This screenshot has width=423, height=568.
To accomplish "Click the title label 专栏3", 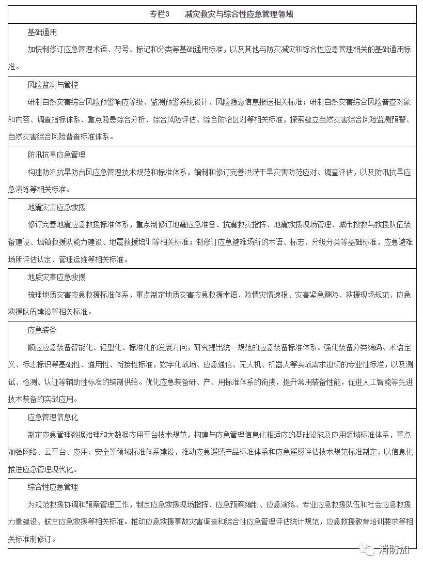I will (160, 14).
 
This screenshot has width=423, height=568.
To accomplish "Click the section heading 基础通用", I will (42, 33).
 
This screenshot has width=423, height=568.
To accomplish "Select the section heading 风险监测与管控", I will (53, 85).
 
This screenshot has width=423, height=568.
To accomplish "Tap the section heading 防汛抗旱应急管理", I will (56, 155).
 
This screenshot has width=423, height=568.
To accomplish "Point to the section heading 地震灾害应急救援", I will (56, 207).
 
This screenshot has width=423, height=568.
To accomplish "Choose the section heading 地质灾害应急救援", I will (56, 277).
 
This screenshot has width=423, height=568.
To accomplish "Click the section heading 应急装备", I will (42, 330).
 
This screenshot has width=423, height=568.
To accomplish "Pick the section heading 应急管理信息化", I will (53, 417).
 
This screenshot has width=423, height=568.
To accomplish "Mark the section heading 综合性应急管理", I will (53, 487).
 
